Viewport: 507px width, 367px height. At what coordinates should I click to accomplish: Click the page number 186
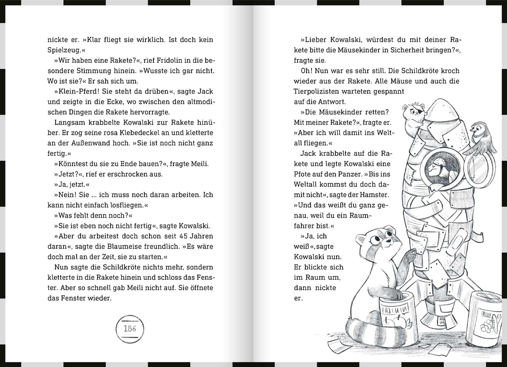[x=130, y=329]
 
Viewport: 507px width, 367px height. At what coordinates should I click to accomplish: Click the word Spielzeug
[x=64, y=50]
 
